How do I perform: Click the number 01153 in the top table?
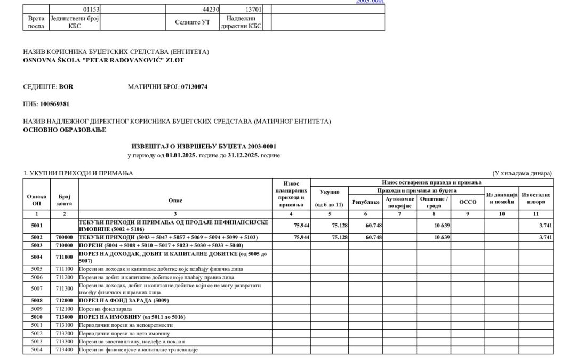click(x=91, y=9)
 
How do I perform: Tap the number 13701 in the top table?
click(x=252, y=9)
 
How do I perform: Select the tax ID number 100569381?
click(x=55, y=103)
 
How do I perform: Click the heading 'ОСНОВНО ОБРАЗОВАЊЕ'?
click(x=65, y=130)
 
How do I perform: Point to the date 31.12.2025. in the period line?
click(x=238, y=155)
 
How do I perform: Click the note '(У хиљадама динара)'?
click(x=522, y=173)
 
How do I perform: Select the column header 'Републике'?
click(x=365, y=202)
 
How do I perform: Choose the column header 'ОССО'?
click(x=464, y=202)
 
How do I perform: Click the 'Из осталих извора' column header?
click(x=537, y=198)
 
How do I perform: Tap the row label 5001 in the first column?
click(x=37, y=225)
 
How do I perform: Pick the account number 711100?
click(x=65, y=269)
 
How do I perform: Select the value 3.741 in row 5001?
click(x=545, y=225)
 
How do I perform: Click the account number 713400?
click(x=65, y=349)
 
